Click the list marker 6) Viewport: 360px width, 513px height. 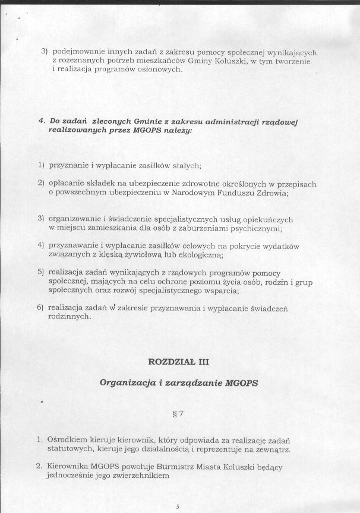[x=40, y=307]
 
